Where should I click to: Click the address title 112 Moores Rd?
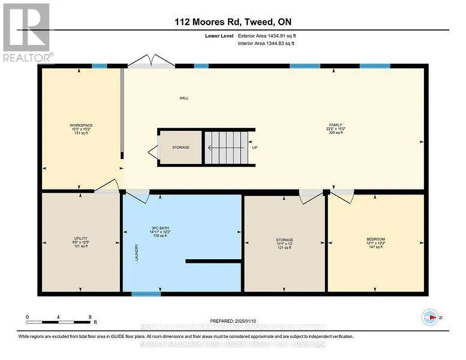233,23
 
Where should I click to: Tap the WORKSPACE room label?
81,128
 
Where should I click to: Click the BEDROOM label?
375,242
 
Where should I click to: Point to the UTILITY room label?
81,242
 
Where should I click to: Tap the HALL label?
185,98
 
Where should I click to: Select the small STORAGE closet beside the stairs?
181,147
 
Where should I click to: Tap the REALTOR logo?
27,33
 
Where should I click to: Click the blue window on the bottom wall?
142,294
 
